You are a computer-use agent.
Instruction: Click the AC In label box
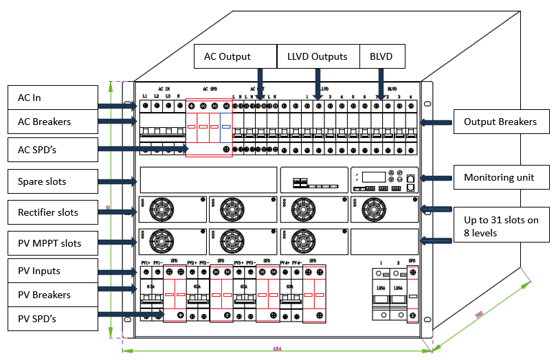tap(52, 98)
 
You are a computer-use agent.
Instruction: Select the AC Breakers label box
tap(52, 122)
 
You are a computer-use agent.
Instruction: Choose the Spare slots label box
tap(52, 182)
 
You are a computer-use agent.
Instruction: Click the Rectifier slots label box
tap(52, 212)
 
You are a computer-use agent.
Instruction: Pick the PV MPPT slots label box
tap(52, 243)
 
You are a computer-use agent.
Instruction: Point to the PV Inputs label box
tap(52, 271)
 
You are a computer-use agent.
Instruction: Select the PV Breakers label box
tap(52, 295)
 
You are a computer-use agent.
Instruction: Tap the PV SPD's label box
tap(52, 319)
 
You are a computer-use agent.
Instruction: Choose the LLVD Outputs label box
tap(318, 56)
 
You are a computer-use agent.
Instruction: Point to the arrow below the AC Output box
tap(260, 87)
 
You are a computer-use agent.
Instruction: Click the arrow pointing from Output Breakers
tap(436, 122)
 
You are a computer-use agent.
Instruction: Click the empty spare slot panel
tap(208, 179)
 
